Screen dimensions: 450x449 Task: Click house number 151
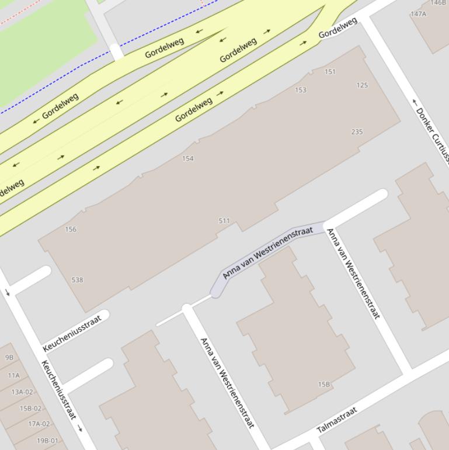click(330, 72)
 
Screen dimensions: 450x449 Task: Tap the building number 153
click(301, 90)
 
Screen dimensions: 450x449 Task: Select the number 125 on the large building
click(362, 85)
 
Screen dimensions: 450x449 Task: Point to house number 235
click(357, 132)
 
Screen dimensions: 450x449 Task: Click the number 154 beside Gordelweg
click(187, 158)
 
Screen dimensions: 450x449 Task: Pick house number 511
click(224, 221)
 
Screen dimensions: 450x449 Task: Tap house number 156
click(71, 230)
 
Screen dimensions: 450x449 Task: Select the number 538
click(77, 280)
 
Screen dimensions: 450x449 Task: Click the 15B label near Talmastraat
click(324, 385)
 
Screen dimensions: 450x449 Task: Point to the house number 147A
click(418, 14)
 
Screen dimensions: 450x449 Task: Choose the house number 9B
click(9, 357)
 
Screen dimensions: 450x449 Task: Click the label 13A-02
click(22, 392)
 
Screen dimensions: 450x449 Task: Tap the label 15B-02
click(30, 409)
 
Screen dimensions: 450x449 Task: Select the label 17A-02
click(39, 424)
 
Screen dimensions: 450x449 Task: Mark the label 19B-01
click(48, 441)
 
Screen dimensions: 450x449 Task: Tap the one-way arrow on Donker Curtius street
click(416, 102)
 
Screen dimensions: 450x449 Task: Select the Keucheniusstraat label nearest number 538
click(72, 333)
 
